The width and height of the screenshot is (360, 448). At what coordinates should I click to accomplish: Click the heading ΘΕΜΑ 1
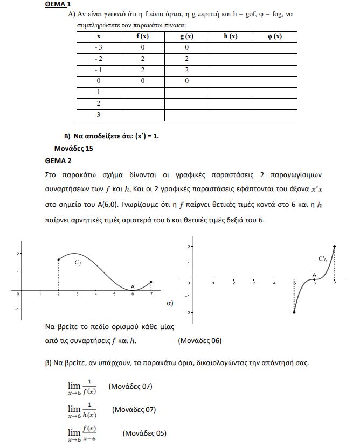[58, 4]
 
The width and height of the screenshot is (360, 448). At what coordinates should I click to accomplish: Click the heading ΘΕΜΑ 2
[58, 160]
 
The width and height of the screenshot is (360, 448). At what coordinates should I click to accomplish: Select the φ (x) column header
[275, 37]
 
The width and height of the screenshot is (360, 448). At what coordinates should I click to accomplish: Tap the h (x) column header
[230, 37]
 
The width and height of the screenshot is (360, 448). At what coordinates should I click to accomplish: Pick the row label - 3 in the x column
[99, 48]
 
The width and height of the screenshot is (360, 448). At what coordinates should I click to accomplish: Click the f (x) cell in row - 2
[142, 59]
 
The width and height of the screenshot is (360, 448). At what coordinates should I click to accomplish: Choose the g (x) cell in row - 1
[186, 70]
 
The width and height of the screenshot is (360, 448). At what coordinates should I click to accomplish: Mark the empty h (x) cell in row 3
[230, 115]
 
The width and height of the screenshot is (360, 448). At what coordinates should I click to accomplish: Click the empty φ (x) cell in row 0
[275, 81]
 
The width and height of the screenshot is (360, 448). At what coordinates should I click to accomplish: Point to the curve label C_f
[78, 263]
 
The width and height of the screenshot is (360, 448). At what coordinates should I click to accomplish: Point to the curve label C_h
[322, 259]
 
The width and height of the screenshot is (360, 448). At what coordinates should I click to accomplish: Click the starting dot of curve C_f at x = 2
[58, 260]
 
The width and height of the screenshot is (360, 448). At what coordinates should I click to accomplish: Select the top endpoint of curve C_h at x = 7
[335, 247]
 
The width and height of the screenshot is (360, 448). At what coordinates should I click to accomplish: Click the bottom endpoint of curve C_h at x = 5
[294, 312]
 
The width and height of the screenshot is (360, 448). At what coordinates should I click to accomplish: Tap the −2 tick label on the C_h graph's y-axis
[189, 312]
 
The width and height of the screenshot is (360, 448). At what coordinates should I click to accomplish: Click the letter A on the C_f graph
[133, 286]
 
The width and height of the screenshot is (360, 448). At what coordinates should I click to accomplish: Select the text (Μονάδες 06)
[199, 340]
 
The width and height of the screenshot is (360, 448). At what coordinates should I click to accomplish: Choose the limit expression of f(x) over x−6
[82, 432]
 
